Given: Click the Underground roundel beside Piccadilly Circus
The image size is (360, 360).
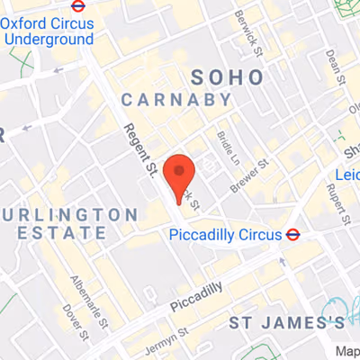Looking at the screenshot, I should (292, 235).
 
